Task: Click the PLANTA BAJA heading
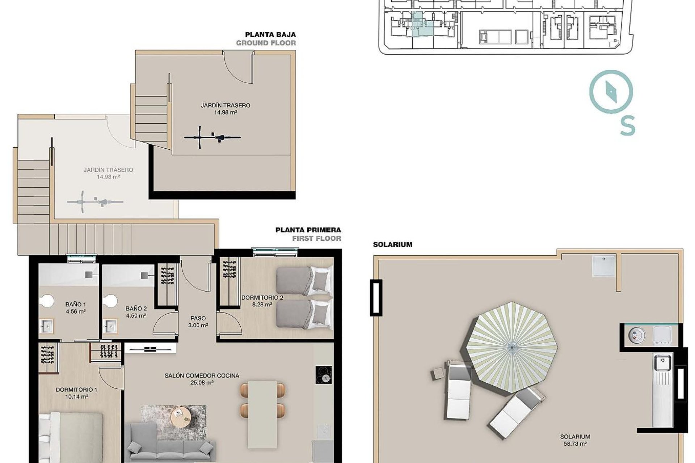270,35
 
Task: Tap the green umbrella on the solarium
512,348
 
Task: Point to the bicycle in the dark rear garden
212,137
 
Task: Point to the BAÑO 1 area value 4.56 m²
76,311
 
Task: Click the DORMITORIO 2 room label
262,298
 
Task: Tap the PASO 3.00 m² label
198,322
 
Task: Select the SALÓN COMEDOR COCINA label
202,376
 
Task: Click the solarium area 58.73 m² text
575,444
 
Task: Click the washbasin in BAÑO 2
110,324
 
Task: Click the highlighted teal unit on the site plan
421,25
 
